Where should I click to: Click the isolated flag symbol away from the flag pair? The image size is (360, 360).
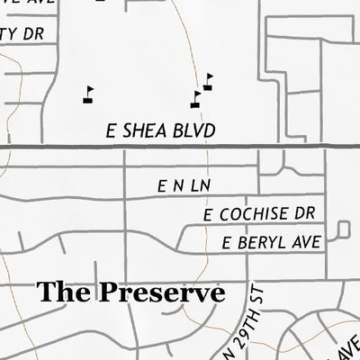[x=87, y=94]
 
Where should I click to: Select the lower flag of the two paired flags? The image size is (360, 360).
[x=196, y=98]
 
